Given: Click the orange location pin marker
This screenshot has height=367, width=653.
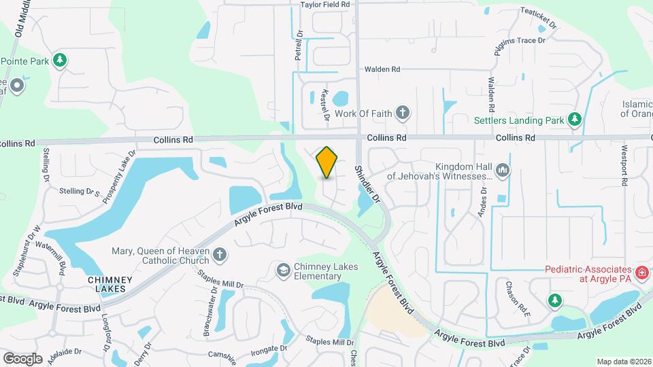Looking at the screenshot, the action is tap(327, 162).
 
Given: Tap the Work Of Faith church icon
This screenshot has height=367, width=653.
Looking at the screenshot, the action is tap(403, 113).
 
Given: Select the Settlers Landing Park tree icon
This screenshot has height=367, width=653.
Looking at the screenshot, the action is tap(575, 120).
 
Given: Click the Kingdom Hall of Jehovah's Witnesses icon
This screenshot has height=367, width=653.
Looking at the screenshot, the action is tap(503, 169).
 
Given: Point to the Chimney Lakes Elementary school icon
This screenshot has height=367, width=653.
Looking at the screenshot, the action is tap(282, 271).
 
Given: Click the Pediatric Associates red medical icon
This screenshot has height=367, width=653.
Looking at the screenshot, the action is tap(641, 273).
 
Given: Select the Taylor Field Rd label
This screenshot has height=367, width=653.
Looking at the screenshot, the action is tap(325, 5).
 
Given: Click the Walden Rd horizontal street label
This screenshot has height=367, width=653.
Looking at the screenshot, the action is tap(382, 69).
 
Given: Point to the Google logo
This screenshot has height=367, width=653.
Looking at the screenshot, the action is tap(22, 358).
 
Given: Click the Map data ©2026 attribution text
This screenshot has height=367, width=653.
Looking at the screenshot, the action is tap(623, 362).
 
